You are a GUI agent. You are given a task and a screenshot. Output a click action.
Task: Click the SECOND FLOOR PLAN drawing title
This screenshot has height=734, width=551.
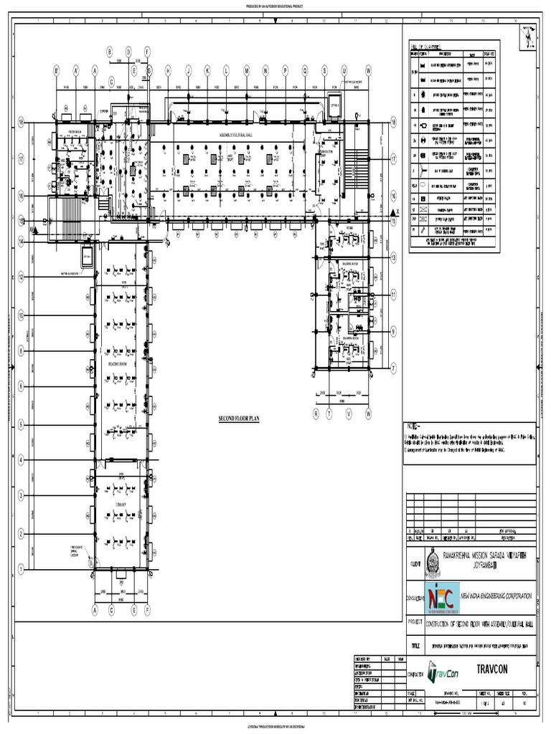pyautogui.click(x=237, y=416)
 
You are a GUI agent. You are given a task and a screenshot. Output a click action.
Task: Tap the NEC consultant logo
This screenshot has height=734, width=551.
pyautogui.click(x=442, y=599)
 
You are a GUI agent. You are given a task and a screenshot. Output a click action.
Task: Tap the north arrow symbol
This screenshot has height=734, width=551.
pyautogui.click(x=529, y=36)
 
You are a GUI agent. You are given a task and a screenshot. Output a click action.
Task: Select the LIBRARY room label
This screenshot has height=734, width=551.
pyautogui.click(x=120, y=505)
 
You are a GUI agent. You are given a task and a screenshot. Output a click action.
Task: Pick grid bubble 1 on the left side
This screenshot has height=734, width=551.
pyautogui.click(x=22, y=568)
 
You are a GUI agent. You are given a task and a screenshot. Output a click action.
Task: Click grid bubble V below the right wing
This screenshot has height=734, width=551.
pyautogui.click(x=349, y=414)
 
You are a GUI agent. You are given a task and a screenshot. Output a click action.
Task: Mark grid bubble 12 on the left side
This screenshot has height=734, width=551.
pyautogui.click(x=22, y=275)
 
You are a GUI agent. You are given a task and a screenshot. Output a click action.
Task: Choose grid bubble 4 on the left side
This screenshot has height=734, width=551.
pyautogui.click(x=22, y=459)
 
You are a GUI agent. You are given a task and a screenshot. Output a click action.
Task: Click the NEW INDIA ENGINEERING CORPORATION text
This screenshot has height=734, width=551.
pyautogui.click(x=497, y=596)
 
